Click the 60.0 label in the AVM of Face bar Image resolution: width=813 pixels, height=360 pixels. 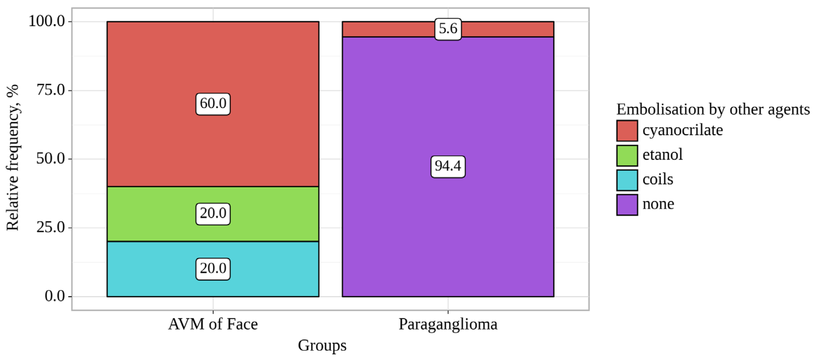(x=213, y=104)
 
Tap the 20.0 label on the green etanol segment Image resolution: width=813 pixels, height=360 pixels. (x=213, y=214)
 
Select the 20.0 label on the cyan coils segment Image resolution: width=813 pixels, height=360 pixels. (x=213, y=269)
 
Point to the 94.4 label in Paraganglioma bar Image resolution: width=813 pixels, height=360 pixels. (x=448, y=166)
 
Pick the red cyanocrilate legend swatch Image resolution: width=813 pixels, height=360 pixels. (x=627, y=131)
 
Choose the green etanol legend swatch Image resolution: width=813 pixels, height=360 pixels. (x=627, y=155)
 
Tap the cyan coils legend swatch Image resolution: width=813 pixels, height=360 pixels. (x=627, y=180)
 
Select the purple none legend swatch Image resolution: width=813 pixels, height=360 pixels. (x=627, y=204)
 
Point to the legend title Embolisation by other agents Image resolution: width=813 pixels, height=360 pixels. (x=713, y=110)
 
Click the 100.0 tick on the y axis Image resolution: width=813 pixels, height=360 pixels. (x=47, y=21)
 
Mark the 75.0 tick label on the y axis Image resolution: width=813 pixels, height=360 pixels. (x=51, y=90)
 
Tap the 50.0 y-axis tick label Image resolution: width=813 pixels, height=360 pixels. (x=51, y=159)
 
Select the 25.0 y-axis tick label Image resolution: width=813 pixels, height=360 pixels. (x=51, y=227)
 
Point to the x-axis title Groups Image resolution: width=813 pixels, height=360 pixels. (x=322, y=346)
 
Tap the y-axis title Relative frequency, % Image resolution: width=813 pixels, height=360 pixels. (x=13, y=158)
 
